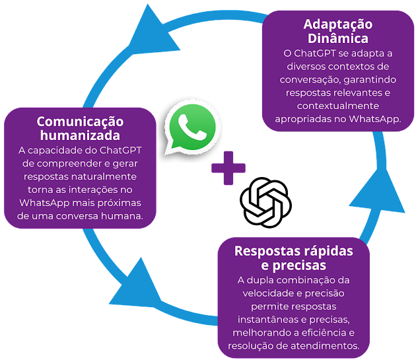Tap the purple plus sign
click(228, 168)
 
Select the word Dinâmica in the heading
click(337, 38)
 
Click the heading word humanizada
click(80, 136)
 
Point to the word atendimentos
click(326, 346)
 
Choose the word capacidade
click(64, 151)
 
